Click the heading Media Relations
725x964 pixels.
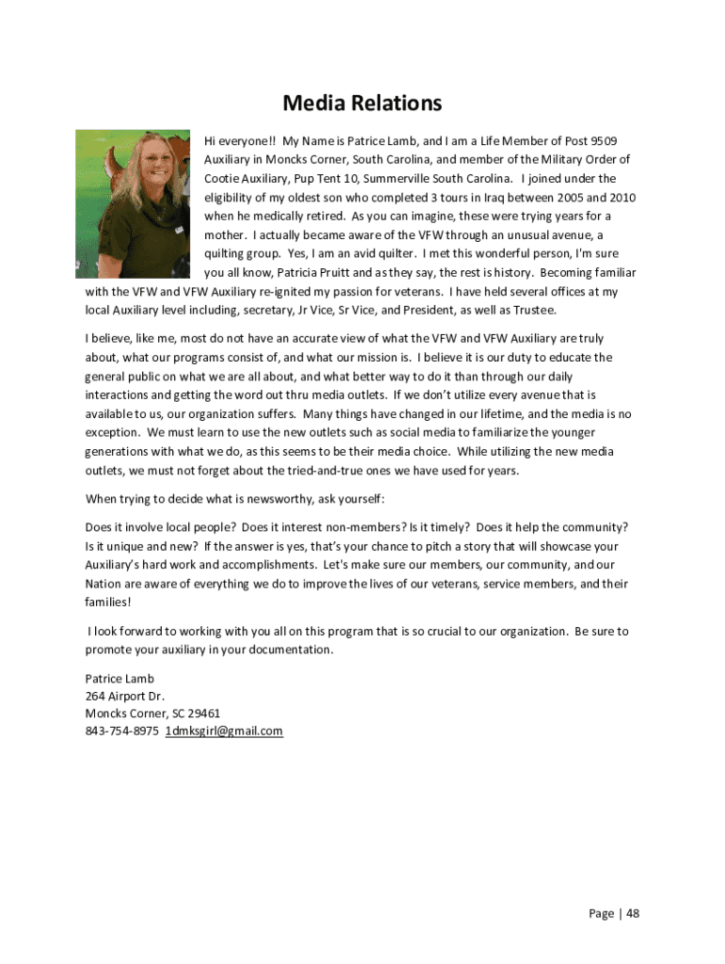click(x=362, y=103)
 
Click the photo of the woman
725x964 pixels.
click(x=135, y=203)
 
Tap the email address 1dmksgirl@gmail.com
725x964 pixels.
click(x=224, y=731)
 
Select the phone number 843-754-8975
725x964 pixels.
click(x=121, y=731)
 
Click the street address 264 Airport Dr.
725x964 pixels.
click(x=124, y=696)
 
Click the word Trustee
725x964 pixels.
click(x=533, y=311)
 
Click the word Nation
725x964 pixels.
click(x=104, y=584)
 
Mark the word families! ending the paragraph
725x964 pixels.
click(x=108, y=602)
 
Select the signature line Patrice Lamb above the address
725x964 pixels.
click(x=119, y=678)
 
